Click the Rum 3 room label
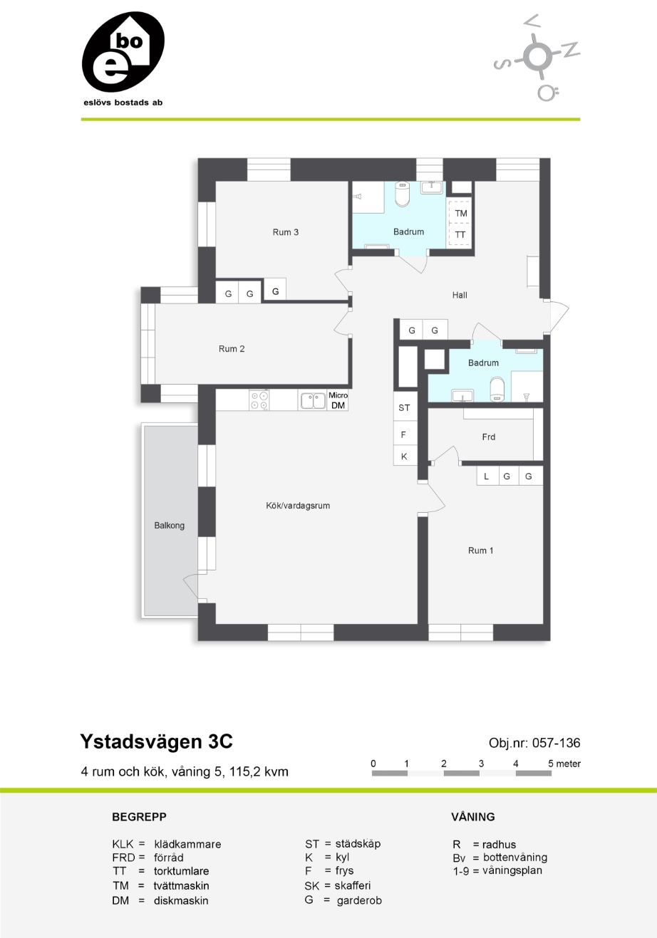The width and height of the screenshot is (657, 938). coord(285,232)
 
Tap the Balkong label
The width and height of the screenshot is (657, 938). coord(170,526)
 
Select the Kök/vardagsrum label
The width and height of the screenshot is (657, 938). coord(298,506)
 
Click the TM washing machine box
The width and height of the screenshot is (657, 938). coord(460,213)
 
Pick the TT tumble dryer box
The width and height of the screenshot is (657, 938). coord(460,234)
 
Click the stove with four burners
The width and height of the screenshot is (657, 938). coord(259,400)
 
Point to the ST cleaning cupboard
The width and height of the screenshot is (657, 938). coord(405,407)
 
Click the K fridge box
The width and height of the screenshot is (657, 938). coord(405,456)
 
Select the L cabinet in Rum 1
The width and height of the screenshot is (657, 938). coord(487,476)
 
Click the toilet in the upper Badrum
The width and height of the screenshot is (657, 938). coord(402,194)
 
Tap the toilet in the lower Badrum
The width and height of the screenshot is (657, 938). coord(497,390)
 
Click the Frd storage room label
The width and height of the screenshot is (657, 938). coord(489,437)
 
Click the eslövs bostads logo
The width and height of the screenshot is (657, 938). coord(123,58)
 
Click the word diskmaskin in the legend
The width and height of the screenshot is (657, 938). coord(181,900)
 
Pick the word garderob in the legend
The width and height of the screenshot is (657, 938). coord(359,900)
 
